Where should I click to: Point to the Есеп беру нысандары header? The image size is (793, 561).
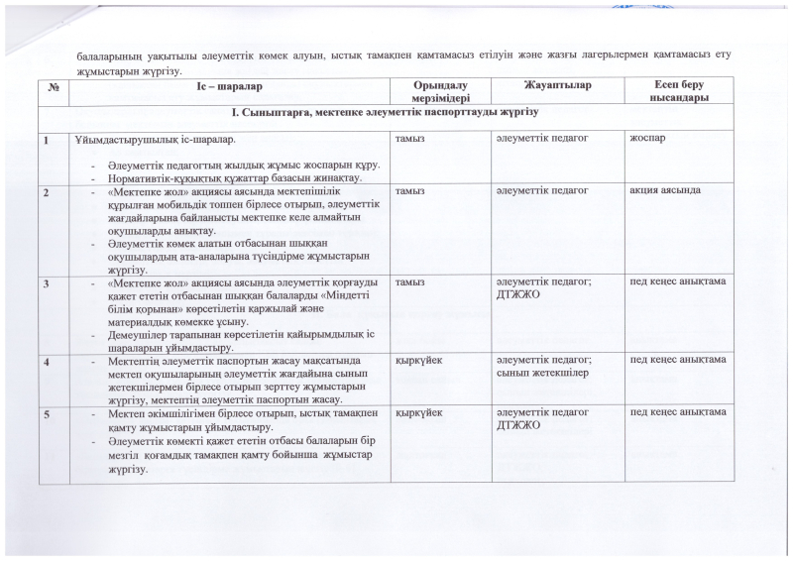click(x=678, y=93)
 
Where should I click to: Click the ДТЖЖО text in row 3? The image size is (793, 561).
click(x=517, y=292)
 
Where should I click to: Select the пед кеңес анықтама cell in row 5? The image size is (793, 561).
click(x=678, y=410)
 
